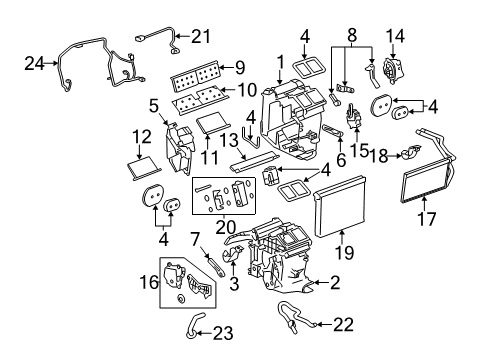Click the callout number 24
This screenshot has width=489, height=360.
(34, 63)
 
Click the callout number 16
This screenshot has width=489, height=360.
(148, 284)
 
